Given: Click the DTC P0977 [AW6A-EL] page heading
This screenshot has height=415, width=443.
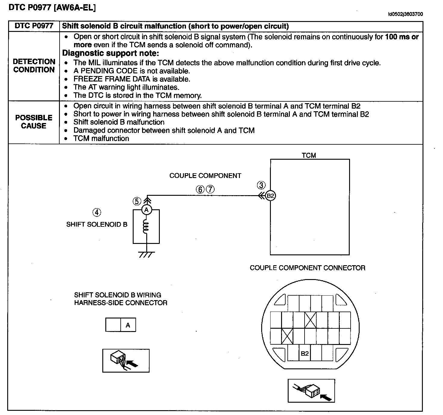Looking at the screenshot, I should [x=52, y=8].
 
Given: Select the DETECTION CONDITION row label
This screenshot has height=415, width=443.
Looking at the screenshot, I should [x=34, y=66].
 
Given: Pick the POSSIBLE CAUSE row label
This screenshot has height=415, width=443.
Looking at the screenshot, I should [x=34, y=122].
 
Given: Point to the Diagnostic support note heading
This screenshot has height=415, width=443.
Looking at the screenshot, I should [x=110, y=54].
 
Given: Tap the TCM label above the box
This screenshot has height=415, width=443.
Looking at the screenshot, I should [x=309, y=155].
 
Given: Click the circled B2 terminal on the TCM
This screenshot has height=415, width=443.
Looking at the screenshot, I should [x=271, y=196].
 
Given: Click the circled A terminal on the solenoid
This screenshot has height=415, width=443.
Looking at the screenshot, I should [x=147, y=210].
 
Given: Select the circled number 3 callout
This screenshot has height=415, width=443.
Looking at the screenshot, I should [x=262, y=185].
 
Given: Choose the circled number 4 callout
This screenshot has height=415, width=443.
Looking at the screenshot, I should [x=97, y=212].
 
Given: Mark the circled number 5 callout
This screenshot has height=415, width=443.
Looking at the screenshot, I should [x=137, y=201].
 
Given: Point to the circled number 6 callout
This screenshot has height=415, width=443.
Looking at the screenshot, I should [x=200, y=189].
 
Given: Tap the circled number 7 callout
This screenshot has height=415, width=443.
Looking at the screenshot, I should [x=210, y=189].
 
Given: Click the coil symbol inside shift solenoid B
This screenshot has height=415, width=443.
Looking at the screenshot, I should [x=146, y=226].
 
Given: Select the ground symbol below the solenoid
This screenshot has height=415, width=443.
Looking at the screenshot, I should [x=146, y=254].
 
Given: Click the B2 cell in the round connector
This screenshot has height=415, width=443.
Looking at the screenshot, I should [x=305, y=353].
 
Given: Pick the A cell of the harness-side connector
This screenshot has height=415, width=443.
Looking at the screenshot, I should [x=128, y=325].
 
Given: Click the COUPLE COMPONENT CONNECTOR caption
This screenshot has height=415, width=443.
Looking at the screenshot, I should [x=307, y=268].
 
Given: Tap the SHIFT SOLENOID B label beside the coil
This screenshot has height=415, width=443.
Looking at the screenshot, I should [x=97, y=224].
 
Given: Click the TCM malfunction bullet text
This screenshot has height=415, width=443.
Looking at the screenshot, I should [x=101, y=138].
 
